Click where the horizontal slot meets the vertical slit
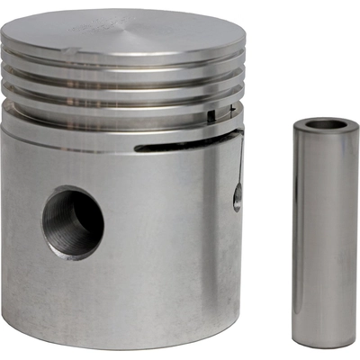click(x=240, y=135)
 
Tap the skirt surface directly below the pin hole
click(x=76, y=297)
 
